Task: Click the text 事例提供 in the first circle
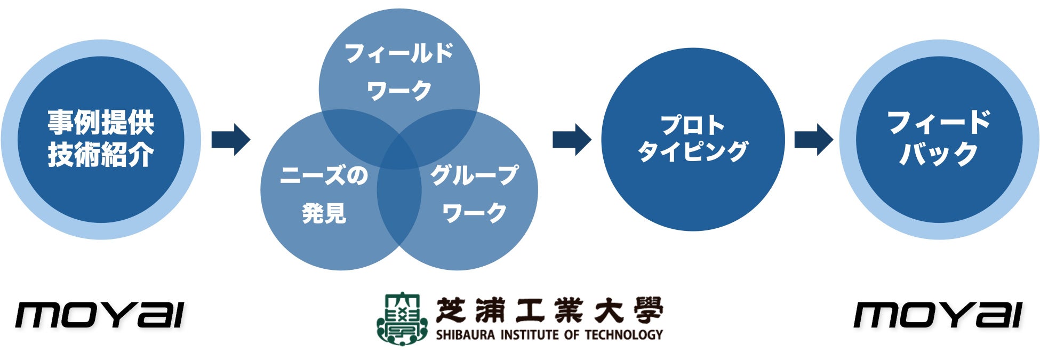tap(101, 123)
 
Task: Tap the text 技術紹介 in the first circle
tap(101, 155)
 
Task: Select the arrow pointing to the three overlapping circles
tap(230, 140)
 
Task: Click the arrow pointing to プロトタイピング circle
tap(572, 140)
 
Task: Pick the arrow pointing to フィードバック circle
tap(813, 140)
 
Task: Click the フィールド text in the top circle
tap(399, 54)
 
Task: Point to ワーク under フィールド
tap(399, 91)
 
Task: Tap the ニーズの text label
tap(324, 175)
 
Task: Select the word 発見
tap(324, 213)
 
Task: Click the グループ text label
tap(474, 175)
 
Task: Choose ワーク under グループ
tap(474, 213)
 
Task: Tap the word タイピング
tap(693, 151)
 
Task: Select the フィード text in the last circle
tap(939, 123)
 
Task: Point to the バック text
tap(939, 155)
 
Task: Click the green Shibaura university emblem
tap(402, 318)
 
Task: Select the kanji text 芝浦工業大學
tap(549, 310)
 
